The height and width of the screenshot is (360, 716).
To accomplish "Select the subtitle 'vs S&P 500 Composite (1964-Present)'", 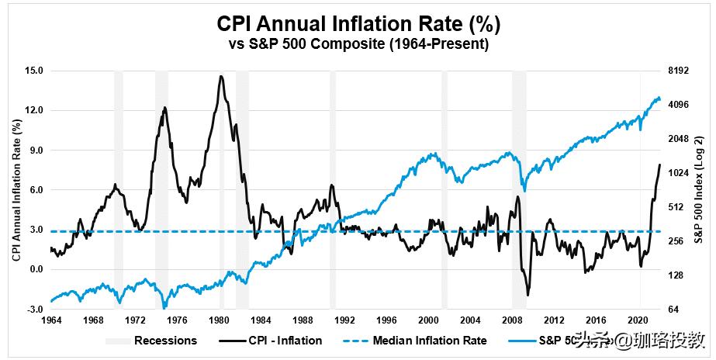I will [358, 45].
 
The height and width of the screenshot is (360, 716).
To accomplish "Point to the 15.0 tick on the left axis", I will [33, 71].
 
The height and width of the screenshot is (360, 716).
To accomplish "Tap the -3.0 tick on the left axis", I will [33, 309].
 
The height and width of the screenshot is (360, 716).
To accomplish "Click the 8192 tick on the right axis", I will [680, 71].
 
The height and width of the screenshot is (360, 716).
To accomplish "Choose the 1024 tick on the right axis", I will [680, 173].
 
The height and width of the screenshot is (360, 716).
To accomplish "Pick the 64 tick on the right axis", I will [674, 309].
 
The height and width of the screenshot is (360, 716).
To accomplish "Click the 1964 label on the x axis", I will [50, 320].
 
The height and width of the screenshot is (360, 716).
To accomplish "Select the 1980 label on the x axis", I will [219, 320].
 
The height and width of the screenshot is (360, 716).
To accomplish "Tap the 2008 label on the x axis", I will [513, 320].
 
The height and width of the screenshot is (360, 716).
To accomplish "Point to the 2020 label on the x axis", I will [638, 320].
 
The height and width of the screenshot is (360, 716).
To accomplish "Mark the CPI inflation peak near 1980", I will [221, 76].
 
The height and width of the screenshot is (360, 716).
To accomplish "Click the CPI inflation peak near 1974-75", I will [164, 108].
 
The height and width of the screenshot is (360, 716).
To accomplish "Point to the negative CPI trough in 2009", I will [528, 295].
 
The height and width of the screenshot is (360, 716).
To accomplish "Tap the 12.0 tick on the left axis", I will [33, 110].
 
